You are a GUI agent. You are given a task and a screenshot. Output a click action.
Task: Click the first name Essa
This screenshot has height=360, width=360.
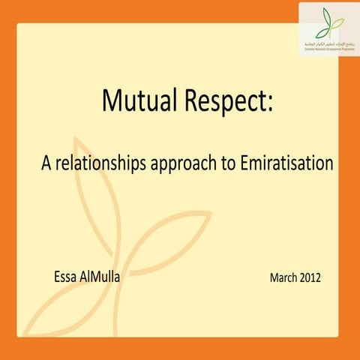click(66, 277)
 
